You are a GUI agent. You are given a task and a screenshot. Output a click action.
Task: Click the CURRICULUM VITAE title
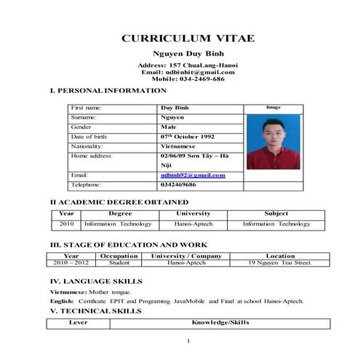[188, 38]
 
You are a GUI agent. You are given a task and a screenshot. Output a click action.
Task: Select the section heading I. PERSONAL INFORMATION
[108, 90]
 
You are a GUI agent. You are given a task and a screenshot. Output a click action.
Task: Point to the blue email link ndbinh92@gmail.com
[193, 175]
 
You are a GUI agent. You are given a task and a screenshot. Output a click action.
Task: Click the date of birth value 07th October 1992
[188, 136]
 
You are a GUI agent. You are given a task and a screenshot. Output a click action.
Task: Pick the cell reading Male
[169, 127]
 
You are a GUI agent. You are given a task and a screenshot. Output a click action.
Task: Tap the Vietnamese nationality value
[178, 145]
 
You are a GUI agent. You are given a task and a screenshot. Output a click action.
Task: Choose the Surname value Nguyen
[172, 116]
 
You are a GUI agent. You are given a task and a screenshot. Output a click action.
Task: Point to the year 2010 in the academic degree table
[67, 224]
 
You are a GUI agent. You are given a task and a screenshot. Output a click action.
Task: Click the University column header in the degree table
[193, 214]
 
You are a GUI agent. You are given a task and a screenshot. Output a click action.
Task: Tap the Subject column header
[276, 214]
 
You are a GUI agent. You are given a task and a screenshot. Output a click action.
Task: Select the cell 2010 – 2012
[71, 263]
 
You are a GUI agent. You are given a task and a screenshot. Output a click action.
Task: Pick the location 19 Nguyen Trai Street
[280, 263]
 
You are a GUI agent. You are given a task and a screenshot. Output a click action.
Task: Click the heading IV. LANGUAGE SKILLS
[95, 281]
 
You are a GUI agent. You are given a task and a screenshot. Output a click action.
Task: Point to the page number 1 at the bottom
[188, 341]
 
